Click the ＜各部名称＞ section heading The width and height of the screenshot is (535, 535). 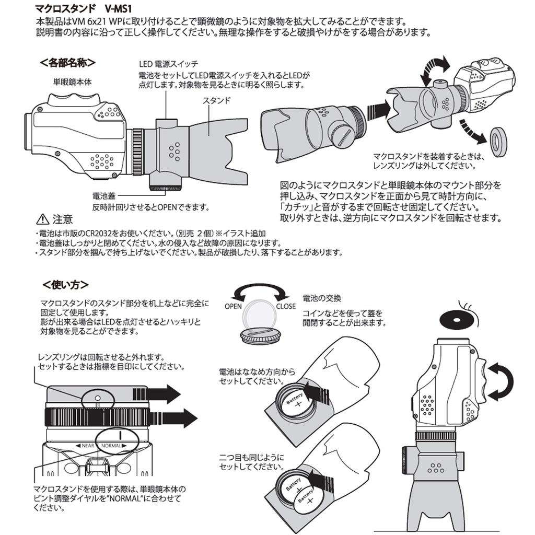pyautogui.click(x=67, y=63)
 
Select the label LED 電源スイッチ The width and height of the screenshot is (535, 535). pyautogui.click(x=168, y=64)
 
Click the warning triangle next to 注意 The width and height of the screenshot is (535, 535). pyautogui.click(x=42, y=219)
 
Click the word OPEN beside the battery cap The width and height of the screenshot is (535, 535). pyautogui.click(x=233, y=307)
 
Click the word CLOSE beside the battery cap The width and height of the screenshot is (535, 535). pyautogui.click(x=285, y=307)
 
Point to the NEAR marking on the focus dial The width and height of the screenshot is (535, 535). pyautogui.click(x=86, y=446)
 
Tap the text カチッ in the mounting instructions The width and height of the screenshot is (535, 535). pyautogui.click(x=297, y=207)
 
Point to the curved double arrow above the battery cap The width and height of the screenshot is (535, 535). pyautogui.click(x=259, y=292)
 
